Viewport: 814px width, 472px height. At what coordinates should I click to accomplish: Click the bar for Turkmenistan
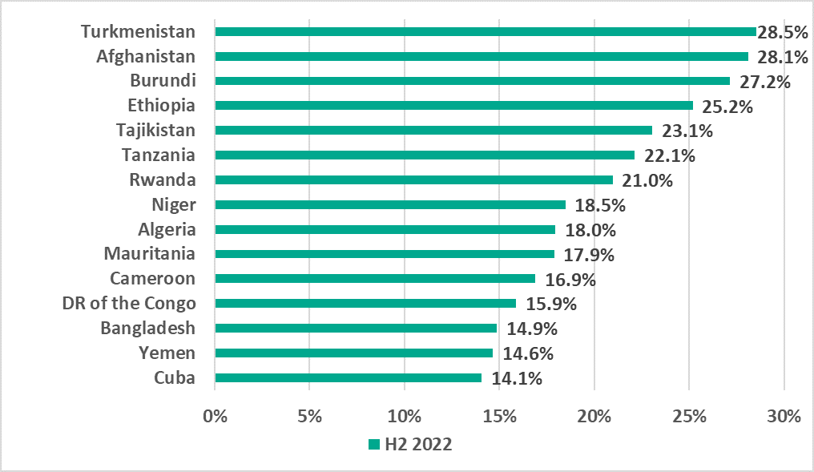pos(486,31)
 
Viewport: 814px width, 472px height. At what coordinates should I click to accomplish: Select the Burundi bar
pos(473,81)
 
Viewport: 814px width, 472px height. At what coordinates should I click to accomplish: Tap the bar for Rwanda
pos(414,180)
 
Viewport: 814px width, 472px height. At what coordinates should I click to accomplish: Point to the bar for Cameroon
pos(375,279)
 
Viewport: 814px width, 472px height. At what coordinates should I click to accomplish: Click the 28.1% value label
pos(777,57)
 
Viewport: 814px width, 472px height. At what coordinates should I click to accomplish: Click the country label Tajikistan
pos(155,131)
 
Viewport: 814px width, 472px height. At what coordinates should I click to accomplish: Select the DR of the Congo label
pos(128,303)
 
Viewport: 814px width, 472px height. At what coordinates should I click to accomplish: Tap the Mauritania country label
pos(149,254)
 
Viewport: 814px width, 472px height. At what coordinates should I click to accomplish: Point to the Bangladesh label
pos(147,328)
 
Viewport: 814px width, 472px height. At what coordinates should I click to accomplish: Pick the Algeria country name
pos(167,229)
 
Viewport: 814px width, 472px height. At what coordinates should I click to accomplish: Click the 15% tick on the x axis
pos(500,418)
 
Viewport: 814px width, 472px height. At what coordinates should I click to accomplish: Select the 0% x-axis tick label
pos(215,418)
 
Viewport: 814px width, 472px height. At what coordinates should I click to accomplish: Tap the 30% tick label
pos(784,418)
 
